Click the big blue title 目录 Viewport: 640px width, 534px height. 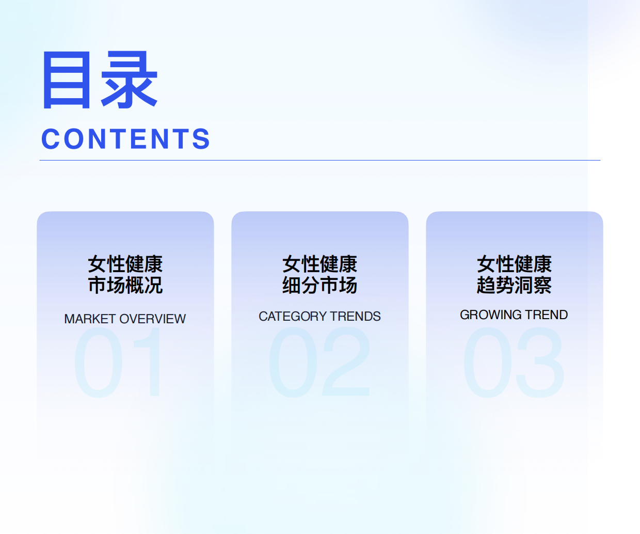click(x=100, y=80)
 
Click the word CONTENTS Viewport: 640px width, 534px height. click(x=125, y=139)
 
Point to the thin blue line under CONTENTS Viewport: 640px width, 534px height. click(x=320, y=161)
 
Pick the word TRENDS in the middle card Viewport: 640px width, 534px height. click(x=356, y=316)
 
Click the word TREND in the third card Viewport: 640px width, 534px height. click(x=547, y=315)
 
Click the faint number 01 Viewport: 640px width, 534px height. click(x=118, y=363)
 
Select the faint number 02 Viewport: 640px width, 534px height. click(x=319, y=363)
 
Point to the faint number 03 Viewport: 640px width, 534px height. click(x=514, y=363)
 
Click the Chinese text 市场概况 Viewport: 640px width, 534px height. click(x=125, y=285)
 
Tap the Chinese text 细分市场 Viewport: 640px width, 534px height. click(x=320, y=285)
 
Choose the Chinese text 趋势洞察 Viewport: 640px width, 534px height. click(x=514, y=285)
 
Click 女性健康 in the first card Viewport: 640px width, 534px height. click(x=125, y=264)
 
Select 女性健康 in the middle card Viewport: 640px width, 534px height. click(x=320, y=264)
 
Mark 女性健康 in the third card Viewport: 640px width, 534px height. click(x=514, y=264)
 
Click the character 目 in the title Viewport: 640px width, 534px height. click(x=67, y=80)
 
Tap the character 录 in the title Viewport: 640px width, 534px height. click(x=130, y=80)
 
